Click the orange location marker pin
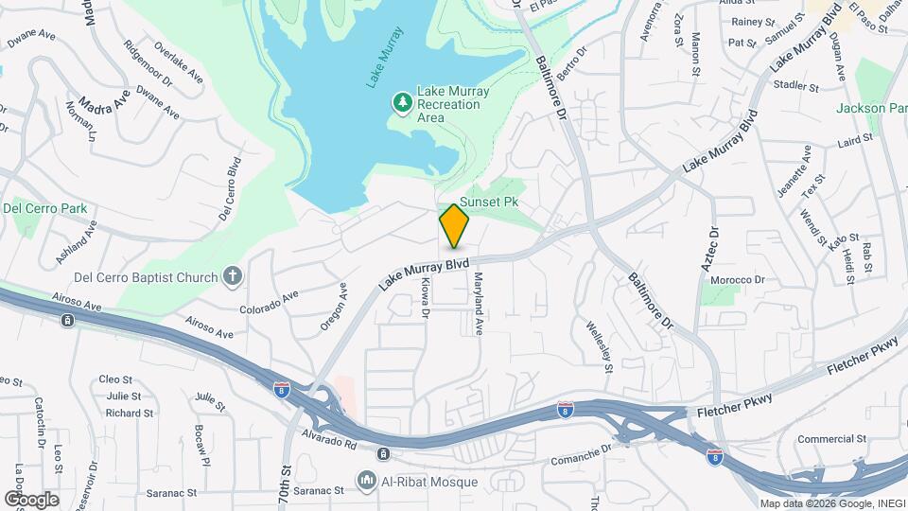[455, 226]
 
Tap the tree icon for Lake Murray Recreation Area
[403, 100]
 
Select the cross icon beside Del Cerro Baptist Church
[233, 277]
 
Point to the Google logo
[31, 500]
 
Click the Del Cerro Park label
[44, 208]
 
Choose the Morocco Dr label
[738, 280]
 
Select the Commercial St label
[831, 439]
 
